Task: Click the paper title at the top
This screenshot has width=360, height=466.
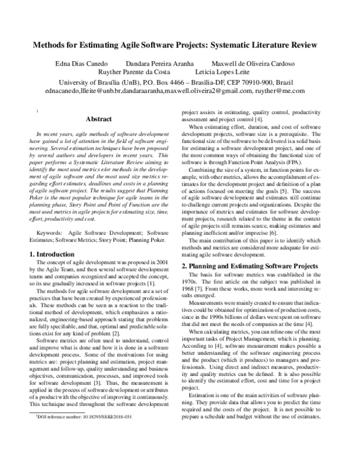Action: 180,45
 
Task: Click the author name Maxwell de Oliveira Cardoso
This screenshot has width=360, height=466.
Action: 253,64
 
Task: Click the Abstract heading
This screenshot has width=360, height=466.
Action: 99,119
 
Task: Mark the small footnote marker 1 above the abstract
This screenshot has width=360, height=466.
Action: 37,110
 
